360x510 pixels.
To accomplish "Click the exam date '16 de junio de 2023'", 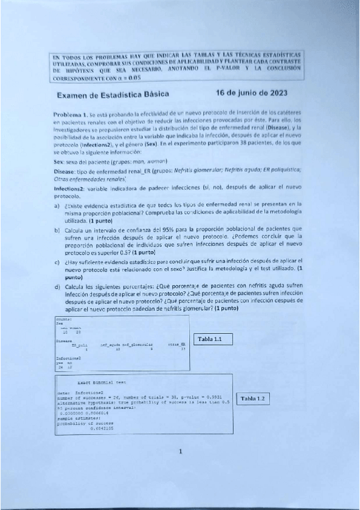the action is pos(251,93).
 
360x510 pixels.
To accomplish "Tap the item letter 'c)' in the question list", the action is pos(56,262).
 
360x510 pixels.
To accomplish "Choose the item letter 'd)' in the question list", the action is pos(56,288).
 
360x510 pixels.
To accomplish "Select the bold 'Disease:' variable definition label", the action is pos(64,171).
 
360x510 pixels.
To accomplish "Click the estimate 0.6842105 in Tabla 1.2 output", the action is pos(102,428).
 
